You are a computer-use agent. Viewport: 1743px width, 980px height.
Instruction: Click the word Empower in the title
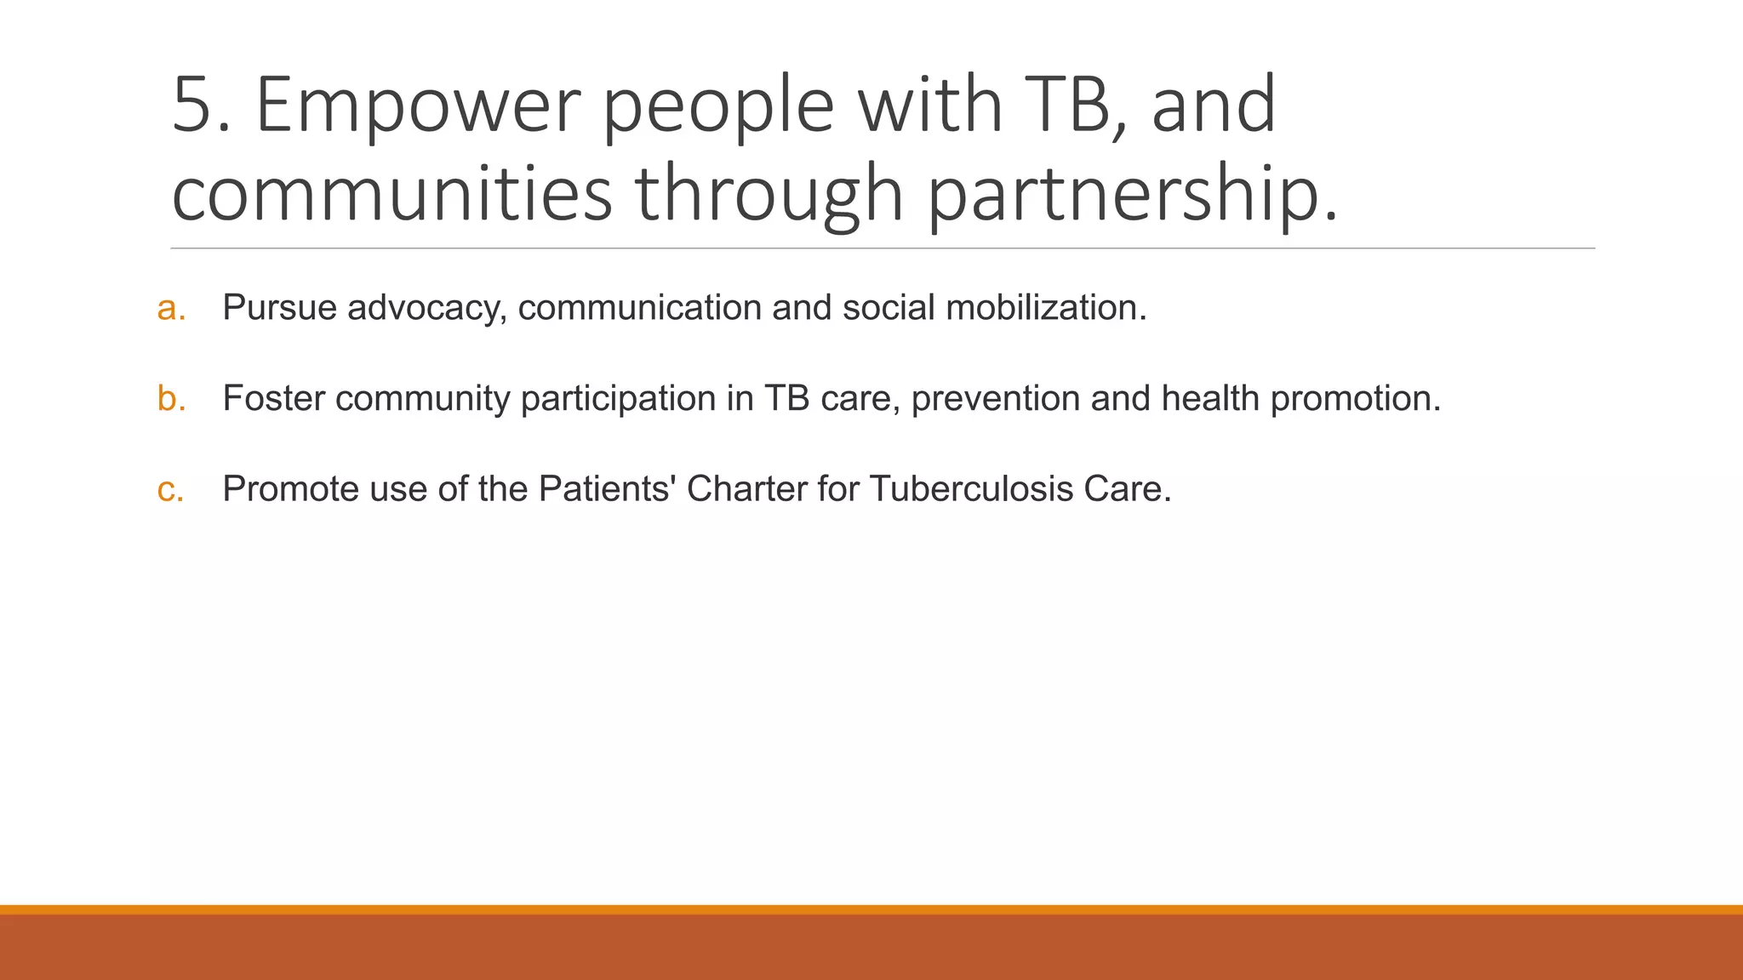418,106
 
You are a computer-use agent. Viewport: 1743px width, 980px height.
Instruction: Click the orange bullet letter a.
170,308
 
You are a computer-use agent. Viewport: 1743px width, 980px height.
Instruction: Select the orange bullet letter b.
170,398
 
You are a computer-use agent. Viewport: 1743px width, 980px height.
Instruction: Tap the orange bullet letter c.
170,489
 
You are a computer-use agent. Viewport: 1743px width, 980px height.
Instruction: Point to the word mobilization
1045,308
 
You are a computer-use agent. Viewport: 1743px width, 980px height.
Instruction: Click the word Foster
273,398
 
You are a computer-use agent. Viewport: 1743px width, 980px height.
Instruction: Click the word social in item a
889,308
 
